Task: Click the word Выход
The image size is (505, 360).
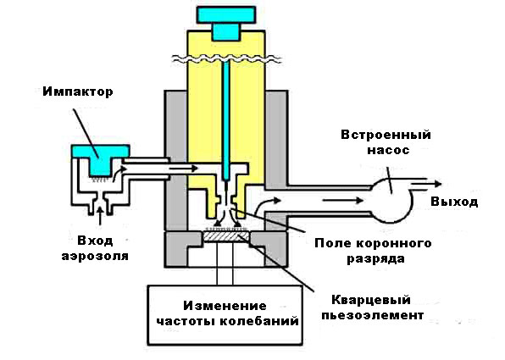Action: coord(452,202)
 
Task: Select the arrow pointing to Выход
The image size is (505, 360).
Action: coord(427,181)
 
